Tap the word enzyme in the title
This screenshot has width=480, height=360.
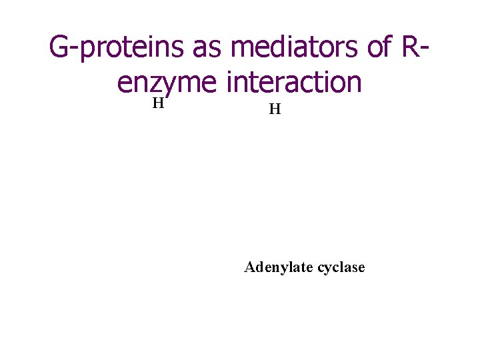point(167,83)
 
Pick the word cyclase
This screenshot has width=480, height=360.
point(341,268)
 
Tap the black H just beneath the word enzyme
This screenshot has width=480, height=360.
point(157,103)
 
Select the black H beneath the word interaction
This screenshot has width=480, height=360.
point(274,109)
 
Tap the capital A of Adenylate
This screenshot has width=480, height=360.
point(249,267)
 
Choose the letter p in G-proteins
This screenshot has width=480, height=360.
point(89,50)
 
